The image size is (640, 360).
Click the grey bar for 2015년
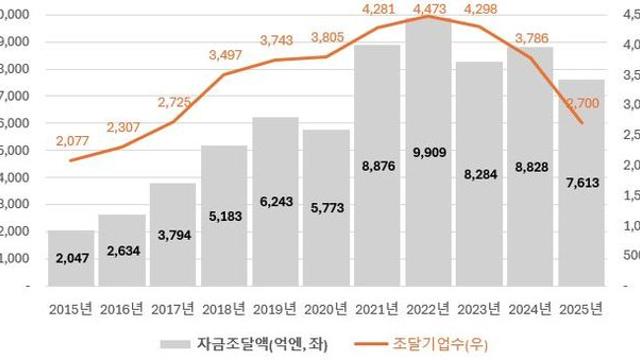tap(71, 258)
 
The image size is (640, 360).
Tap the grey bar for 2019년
tap(275, 201)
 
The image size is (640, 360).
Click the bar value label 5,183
tap(224, 215)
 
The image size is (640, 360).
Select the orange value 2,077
tap(71, 139)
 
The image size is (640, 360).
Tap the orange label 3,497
tap(225, 55)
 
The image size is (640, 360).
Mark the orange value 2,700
tap(582, 103)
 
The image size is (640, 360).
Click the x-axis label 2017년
tap(173, 307)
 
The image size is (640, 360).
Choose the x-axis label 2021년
tap(377, 307)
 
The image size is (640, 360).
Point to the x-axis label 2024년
tap(530, 307)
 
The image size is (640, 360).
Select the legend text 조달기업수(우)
tap(418, 343)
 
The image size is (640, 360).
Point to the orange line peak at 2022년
tap(428, 17)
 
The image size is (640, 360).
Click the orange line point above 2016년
tap(122, 147)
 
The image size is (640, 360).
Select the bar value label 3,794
tap(173, 237)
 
